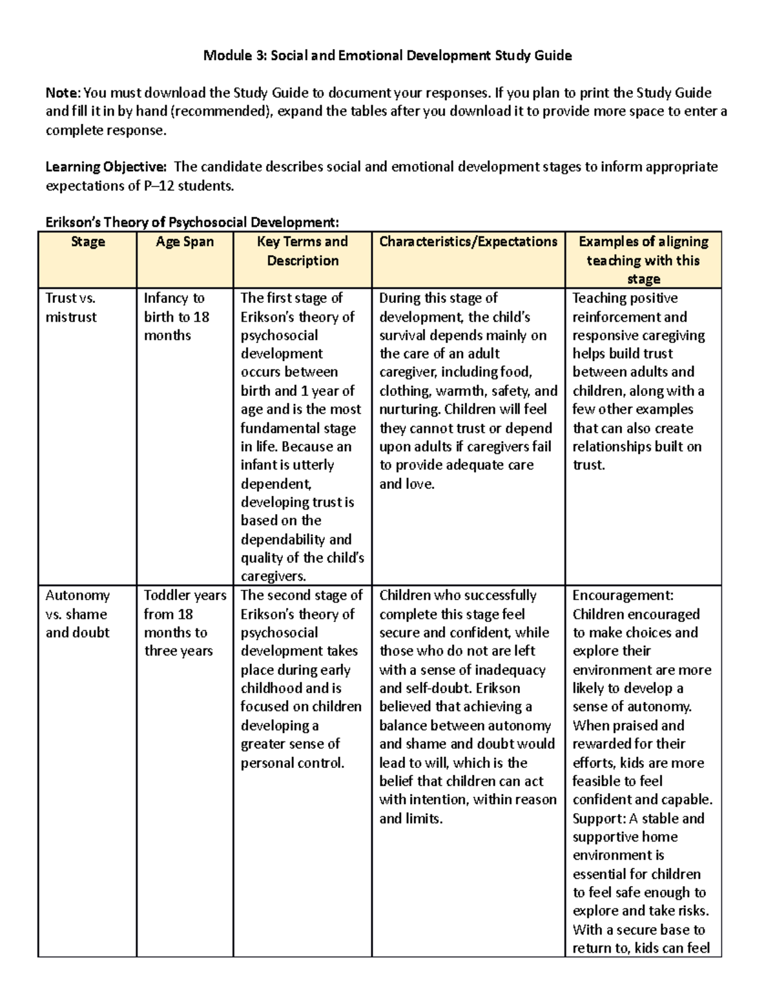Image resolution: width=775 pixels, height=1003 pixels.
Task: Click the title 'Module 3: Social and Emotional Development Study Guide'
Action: (x=387, y=56)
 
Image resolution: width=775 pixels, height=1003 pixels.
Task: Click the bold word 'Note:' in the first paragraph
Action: (x=63, y=92)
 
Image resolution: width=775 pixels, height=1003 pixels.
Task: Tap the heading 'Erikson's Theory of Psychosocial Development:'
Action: (x=192, y=223)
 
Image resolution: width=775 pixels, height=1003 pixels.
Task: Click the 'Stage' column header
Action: (x=88, y=242)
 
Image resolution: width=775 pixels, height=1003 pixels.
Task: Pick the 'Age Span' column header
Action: (x=185, y=242)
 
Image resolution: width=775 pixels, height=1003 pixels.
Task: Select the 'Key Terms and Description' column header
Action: (x=302, y=251)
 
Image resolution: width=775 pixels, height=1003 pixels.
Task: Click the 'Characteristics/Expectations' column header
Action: (x=468, y=242)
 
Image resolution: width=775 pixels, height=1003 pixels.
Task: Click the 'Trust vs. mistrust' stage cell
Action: (x=71, y=307)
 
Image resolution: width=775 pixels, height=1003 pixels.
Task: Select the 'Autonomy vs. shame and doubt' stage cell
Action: (x=77, y=614)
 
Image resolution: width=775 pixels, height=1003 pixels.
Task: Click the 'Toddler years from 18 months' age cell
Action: (x=184, y=623)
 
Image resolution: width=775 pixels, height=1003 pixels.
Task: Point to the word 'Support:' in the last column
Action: (x=599, y=818)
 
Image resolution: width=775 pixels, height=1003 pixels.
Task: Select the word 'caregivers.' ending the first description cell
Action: (x=273, y=576)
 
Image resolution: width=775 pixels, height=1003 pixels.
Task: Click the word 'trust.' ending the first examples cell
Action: (x=588, y=465)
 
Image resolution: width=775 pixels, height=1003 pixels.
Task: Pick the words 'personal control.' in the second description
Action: (x=292, y=763)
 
